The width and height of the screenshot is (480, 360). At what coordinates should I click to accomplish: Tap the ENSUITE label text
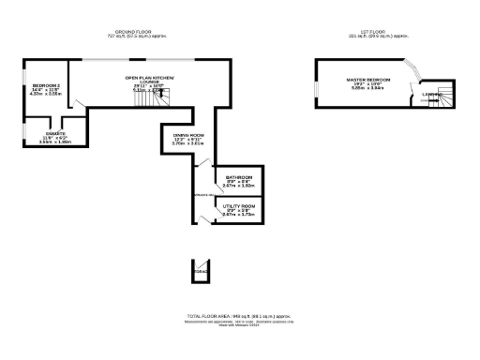click(42, 135)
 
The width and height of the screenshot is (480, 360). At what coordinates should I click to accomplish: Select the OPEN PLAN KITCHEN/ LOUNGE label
click(151, 79)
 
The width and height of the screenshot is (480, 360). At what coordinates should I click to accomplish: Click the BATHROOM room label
click(238, 176)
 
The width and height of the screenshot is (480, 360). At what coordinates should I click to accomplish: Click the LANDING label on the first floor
click(432, 94)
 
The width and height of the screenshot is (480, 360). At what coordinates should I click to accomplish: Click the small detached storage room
click(199, 270)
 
